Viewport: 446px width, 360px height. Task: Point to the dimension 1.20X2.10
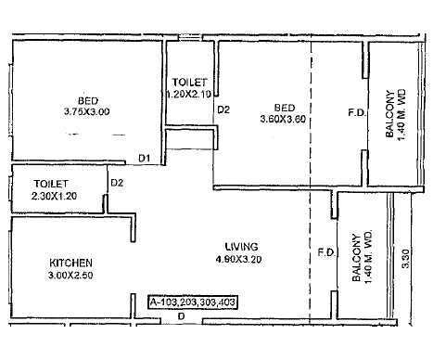(188, 94)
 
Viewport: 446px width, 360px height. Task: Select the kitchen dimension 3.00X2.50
(70, 275)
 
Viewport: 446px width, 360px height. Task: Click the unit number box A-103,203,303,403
(198, 302)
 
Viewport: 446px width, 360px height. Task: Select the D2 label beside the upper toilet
(223, 109)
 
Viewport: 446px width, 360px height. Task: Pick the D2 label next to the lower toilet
(117, 182)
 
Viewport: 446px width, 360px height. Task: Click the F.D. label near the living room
(325, 251)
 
